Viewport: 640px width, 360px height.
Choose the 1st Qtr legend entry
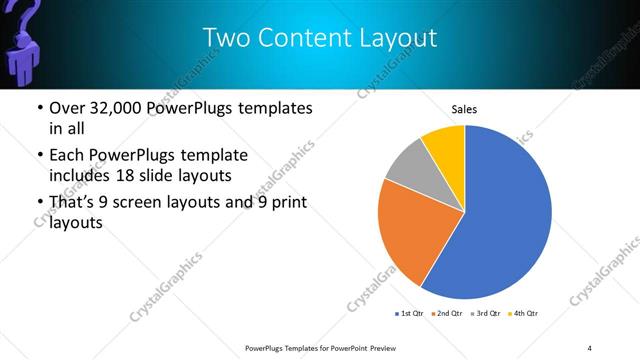tap(411, 314)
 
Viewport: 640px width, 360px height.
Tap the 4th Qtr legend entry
tap(523, 314)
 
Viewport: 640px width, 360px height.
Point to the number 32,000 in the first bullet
tap(112, 108)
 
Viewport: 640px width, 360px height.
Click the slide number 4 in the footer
tap(589, 347)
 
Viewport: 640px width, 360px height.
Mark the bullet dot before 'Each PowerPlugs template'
tap(38, 157)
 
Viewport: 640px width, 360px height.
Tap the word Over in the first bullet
tap(66, 108)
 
